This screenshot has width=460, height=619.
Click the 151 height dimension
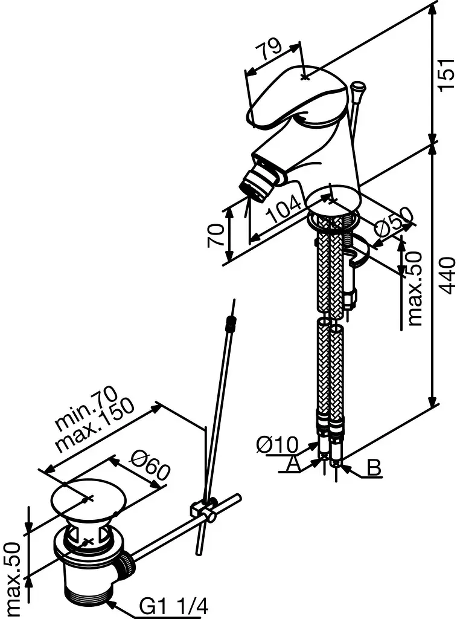(447, 75)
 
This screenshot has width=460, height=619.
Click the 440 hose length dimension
(447, 276)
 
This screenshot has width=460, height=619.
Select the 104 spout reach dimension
(284, 210)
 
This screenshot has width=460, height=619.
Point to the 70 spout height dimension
(216, 235)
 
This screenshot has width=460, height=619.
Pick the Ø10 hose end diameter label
(278, 444)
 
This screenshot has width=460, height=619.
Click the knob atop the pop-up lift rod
(358, 87)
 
